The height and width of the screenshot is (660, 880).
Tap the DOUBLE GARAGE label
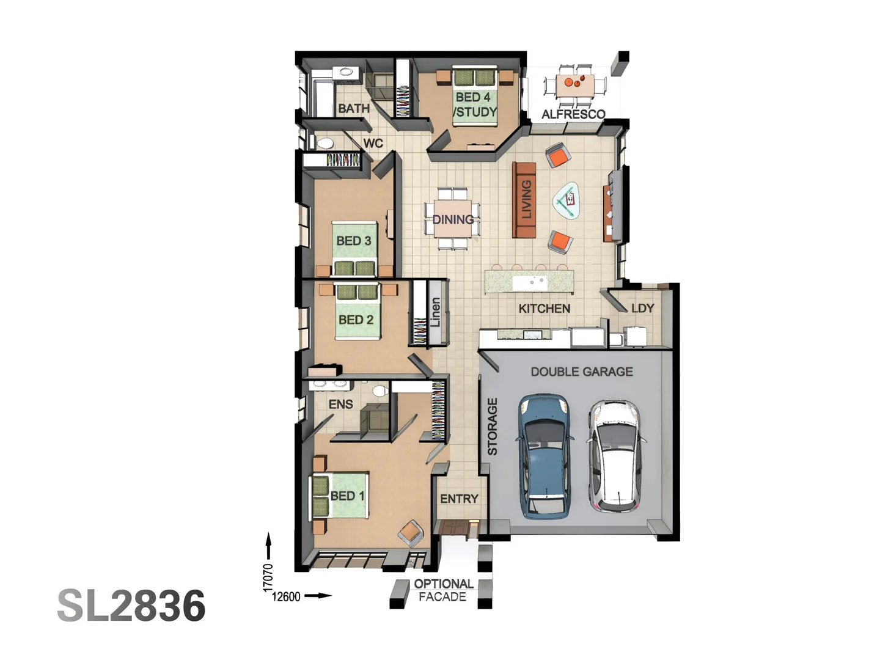click(x=581, y=372)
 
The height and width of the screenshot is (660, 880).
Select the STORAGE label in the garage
click(x=493, y=427)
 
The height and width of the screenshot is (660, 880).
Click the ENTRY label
click(x=459, y=499)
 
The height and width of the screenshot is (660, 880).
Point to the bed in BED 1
click(x=340, y=495)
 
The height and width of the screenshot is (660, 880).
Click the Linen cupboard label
click(x=435, y=312)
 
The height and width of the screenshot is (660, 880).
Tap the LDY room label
click(x=642, y=308)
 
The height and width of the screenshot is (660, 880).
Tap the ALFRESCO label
click(x=573, y=114)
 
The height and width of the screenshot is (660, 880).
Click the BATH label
click(x=353, y=108)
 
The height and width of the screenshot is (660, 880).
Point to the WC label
click(x=373, y=143)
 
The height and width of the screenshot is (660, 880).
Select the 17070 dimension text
click(x=268, y=577)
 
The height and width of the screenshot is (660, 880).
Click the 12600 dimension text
click(x=286, y=596)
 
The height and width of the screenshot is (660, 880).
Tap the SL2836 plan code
click(x=131, y=606)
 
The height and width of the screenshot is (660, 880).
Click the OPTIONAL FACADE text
click(x=443, y=590)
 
